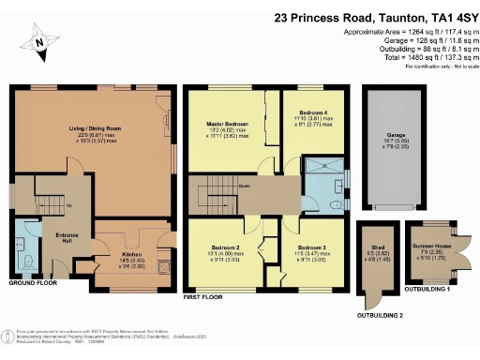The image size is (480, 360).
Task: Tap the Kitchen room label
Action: [130, 255]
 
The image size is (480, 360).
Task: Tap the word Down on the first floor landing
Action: [243, 186]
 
